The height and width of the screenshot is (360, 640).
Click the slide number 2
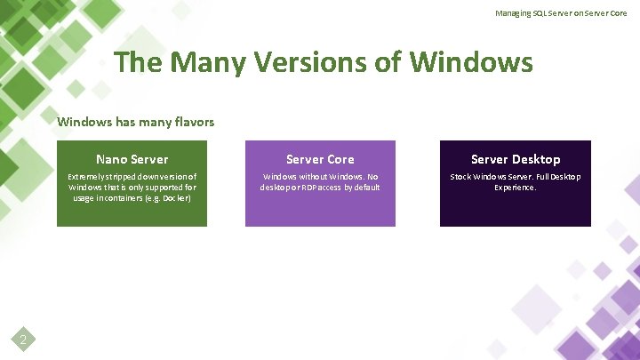click(x=24, y=339)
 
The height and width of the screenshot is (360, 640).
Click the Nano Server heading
click(x=132, y=159)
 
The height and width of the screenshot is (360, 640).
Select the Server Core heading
click(x=320, y=159)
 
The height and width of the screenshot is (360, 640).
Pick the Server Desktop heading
click(x=516, y=159)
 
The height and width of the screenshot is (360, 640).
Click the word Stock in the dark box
click(x=460, y=177)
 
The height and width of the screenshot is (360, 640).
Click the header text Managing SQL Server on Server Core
click(x=561, y=13)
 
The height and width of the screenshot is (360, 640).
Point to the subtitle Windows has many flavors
click(x=135, y=122)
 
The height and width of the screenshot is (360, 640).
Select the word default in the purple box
click(x=366, y=188)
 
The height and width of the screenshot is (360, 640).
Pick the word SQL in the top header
click(x=540, y=13)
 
